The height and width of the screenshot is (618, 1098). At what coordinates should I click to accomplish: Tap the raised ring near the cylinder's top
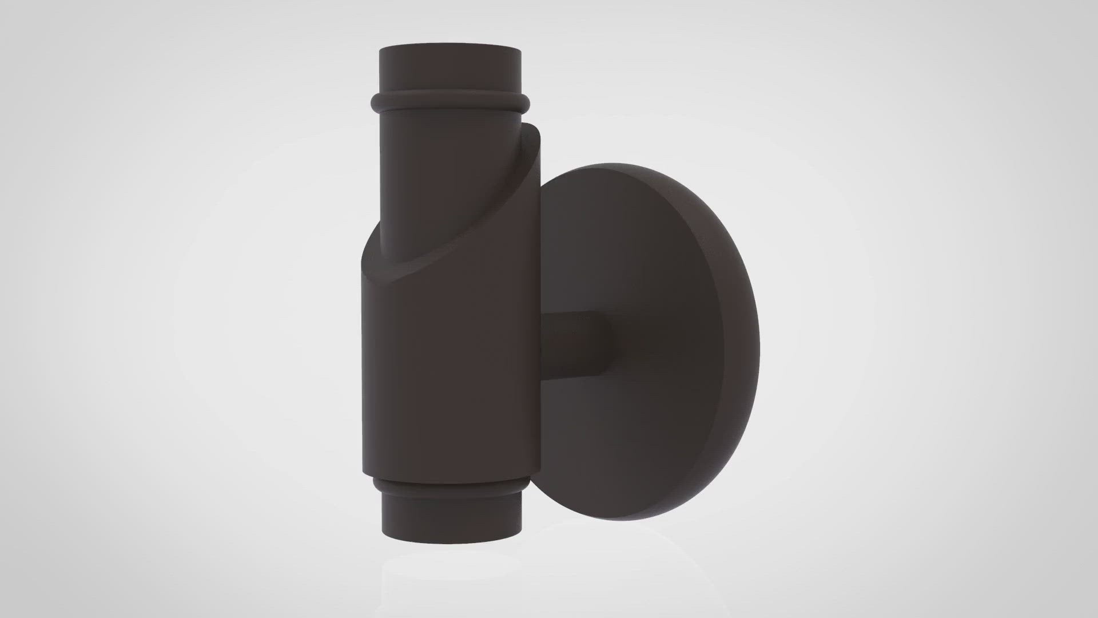coord(450,104)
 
